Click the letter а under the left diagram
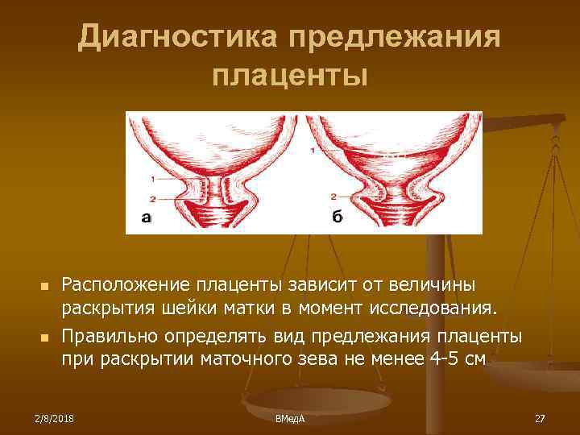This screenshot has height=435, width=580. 146,216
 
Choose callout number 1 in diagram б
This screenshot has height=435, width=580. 312,151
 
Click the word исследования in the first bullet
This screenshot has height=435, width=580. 445,309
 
